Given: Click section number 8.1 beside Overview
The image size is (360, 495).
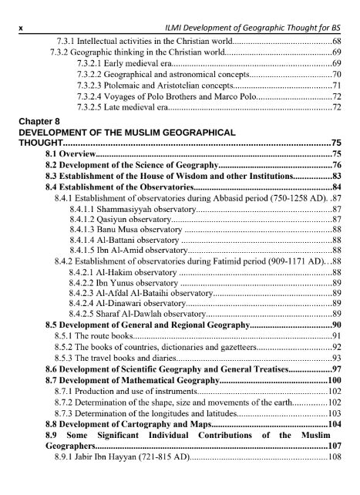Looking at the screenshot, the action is [53, 154].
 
